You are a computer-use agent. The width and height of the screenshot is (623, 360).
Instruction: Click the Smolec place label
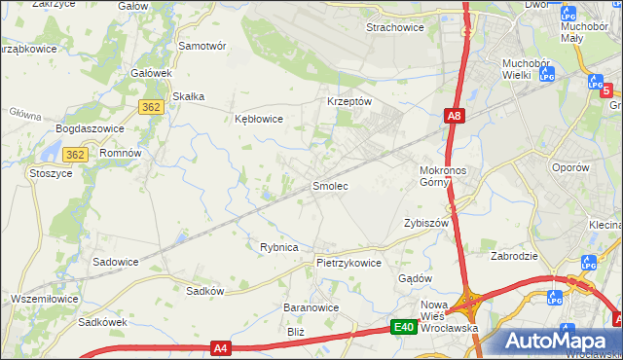tap(329, 185)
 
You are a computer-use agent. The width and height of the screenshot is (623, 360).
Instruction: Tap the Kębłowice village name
tap(259, 120)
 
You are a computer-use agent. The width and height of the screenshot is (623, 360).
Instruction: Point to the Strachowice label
tap(394, 27)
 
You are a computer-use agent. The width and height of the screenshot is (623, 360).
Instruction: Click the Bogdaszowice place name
tap(89, 128)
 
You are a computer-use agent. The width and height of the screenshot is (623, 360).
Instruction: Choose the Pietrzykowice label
tap(348, 263)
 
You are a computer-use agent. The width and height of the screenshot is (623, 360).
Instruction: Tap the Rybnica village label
tap(278, 247)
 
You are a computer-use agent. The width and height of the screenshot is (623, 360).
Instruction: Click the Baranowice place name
tap(311, 307)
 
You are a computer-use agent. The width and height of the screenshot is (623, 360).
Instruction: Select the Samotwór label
tap(202, 46)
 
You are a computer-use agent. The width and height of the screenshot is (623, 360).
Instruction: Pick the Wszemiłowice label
tap(44, 298)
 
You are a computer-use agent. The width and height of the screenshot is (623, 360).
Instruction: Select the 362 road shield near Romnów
tap(76, 155)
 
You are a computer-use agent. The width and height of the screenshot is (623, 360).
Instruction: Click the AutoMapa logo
tap(561, 342)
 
